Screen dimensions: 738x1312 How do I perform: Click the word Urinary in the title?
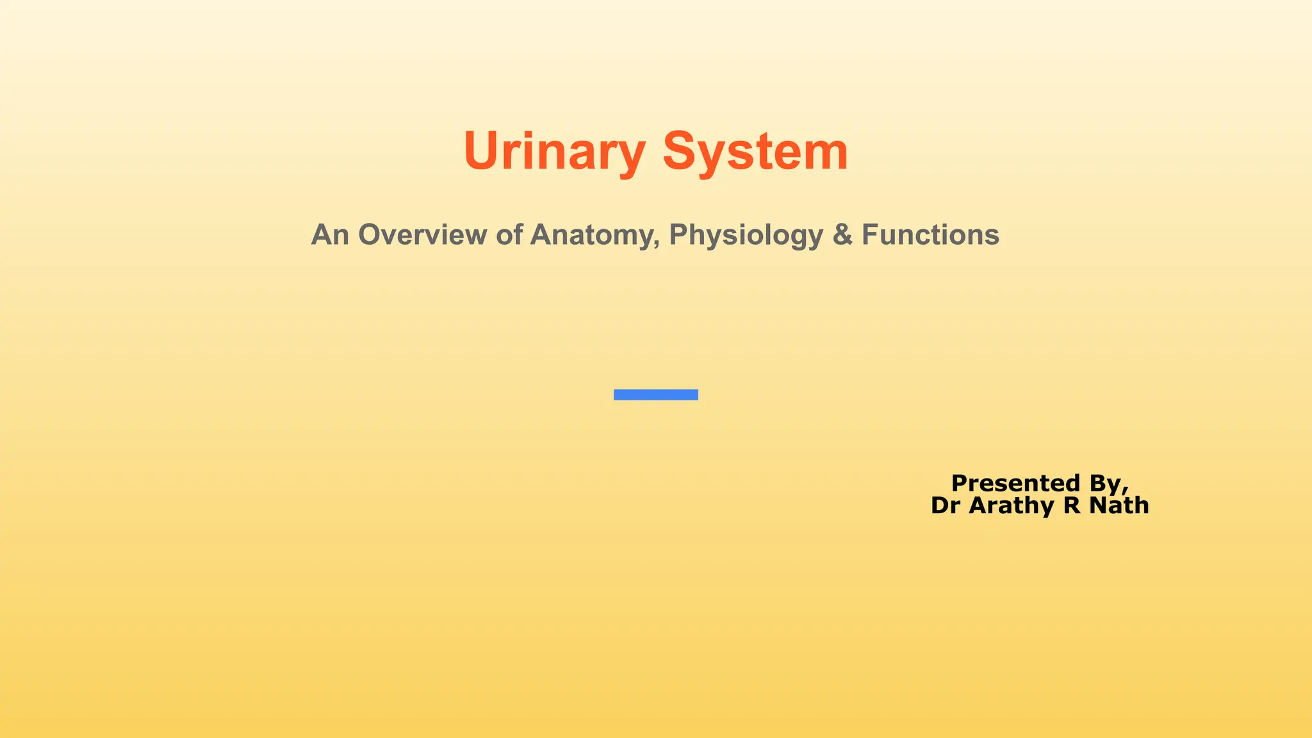554,151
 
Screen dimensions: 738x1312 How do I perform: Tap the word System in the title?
755,151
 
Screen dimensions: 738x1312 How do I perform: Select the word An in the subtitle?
330,234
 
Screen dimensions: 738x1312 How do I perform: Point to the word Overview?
422,234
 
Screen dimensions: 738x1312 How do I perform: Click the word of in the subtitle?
509,234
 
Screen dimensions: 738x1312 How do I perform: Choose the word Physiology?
746,236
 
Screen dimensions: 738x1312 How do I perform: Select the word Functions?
930,234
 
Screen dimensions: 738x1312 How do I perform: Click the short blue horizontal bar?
655,395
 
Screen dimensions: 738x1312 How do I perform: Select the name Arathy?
1012,506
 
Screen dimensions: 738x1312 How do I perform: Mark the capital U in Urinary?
480,151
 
